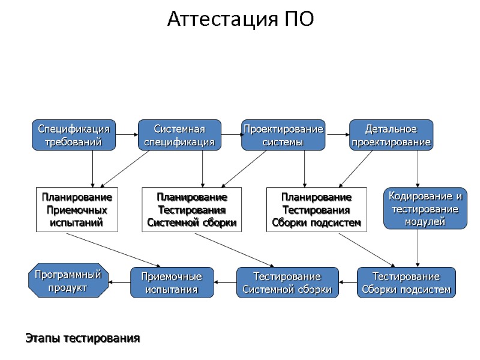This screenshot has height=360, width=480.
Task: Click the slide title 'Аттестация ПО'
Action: (x=240, y=19)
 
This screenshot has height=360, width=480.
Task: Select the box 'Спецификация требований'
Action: (x=74, y=135)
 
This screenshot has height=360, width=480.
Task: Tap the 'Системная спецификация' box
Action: (x=179, y=135)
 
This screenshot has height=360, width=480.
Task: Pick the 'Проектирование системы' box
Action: (x=283, y=135)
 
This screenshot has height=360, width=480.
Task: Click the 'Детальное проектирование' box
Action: (x=391, y=135)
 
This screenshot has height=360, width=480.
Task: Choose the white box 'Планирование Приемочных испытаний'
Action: (x=77, y=209)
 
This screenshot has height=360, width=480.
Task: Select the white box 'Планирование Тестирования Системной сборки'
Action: (x=191, y=209)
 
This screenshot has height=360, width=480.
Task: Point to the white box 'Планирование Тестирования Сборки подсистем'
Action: (x=316, y=209)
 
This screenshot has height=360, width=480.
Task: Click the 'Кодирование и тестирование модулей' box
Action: (x=425, y=208)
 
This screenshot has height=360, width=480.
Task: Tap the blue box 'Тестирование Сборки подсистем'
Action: (x=406, y=283)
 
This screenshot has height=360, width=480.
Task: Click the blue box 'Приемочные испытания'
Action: (x=172, y=283)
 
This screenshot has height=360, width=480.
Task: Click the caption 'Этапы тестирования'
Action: (x=82, y=338)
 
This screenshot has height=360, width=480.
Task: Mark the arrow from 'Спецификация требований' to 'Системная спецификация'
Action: (x=127, y=135)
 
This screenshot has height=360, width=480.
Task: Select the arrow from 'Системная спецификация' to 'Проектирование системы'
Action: (x=232, y=135)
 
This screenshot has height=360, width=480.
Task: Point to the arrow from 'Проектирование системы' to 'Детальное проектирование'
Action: (x=337, y=135)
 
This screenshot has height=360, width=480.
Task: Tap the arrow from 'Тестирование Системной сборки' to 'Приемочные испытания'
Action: (x=226, y=282)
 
